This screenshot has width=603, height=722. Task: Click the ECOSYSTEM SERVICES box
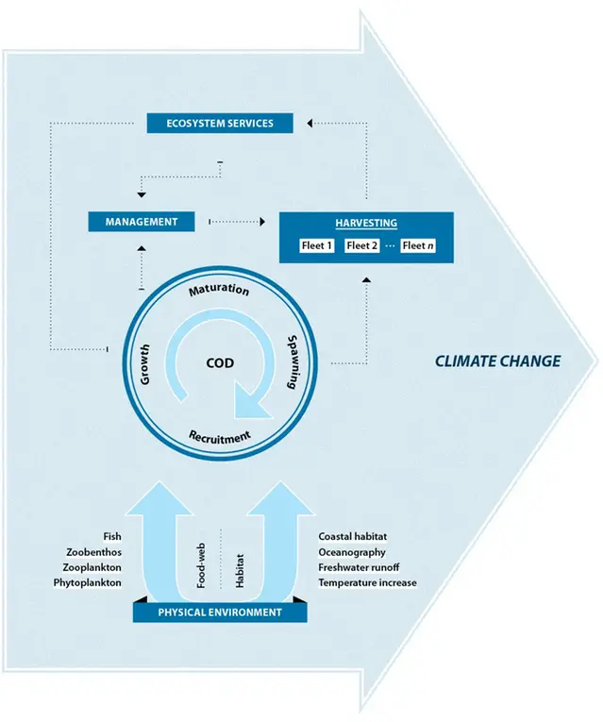[x=221, y=123]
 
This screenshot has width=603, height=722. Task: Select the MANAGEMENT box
[x=142, y=222]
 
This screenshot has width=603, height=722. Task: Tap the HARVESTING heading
[x=366, y=224]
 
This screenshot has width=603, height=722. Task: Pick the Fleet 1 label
[x=317, y=246]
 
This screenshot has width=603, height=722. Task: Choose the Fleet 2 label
[x=361, y=246]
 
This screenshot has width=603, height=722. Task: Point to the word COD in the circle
[x=220, y=362]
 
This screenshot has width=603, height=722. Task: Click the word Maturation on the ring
[x=219, y=290]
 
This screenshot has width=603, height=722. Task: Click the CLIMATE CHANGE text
[x=497, y=361]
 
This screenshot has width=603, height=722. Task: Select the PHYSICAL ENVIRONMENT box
[x=220, y=612]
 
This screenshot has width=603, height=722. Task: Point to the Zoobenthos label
[x=93, y=552]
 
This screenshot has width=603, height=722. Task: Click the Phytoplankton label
[x=88, y=583]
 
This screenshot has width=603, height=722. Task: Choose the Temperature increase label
[x=367, y=583]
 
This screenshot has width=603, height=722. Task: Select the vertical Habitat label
[x=240, y=569]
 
